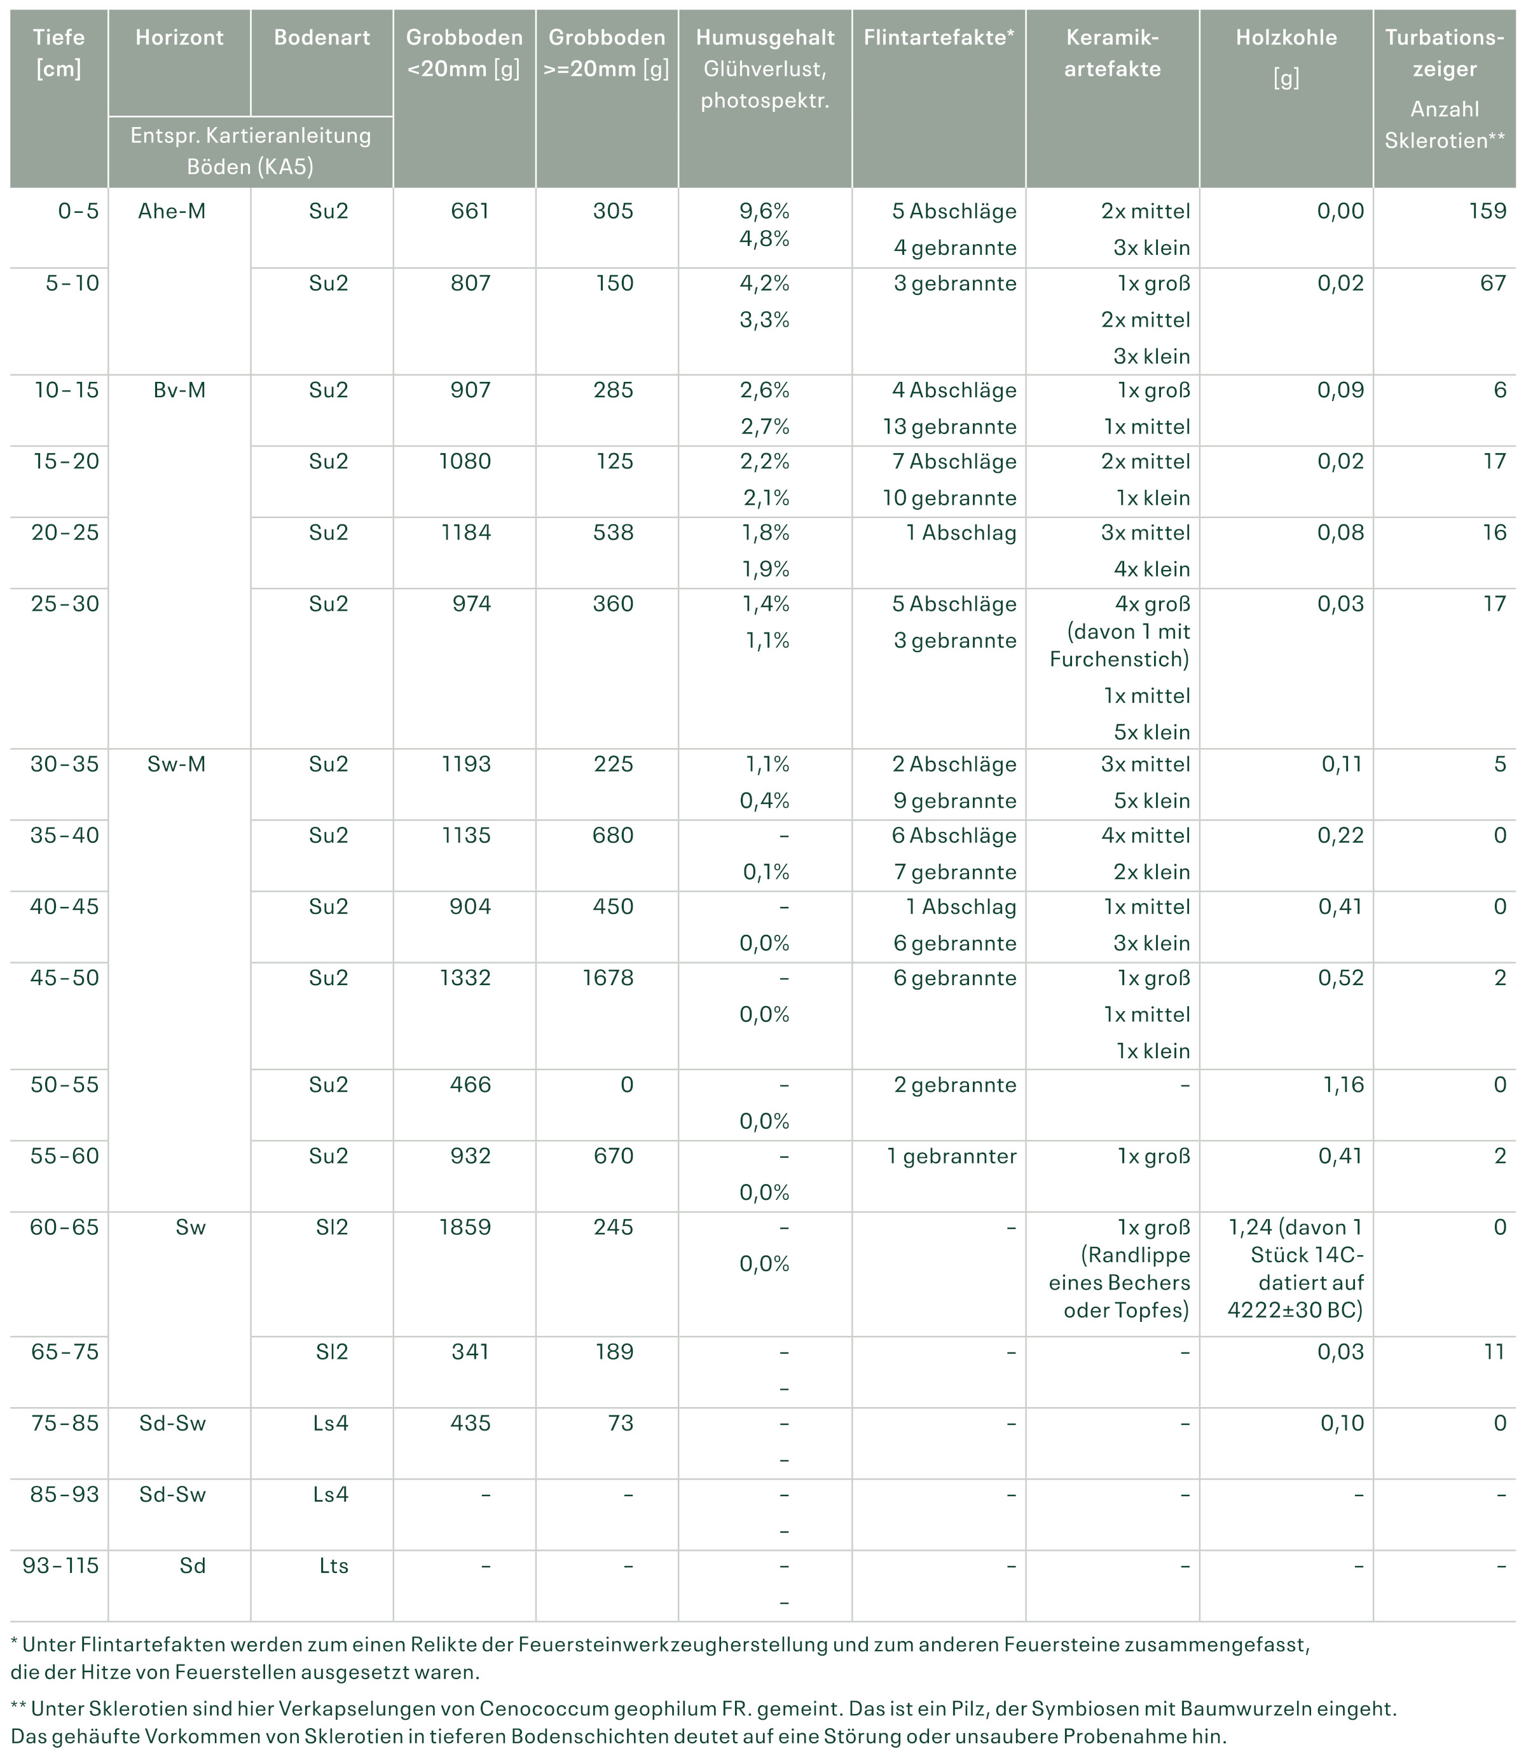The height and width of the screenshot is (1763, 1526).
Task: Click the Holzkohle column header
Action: click(x=1286, y=37)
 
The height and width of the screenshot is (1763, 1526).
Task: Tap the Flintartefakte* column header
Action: click(x=938, y=37)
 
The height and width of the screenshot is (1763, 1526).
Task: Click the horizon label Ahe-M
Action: click(x=172, y=211)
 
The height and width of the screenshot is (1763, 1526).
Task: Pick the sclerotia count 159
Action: click(x=1488, y=211)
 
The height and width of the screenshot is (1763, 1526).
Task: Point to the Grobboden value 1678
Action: click(x=608, y=977)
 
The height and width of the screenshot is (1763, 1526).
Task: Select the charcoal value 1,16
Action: click(x=1343, y=1084)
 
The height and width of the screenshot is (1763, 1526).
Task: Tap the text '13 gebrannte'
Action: click(x=949, y=426)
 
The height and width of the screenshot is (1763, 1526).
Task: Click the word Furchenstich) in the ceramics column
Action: click(x=1119, y=659)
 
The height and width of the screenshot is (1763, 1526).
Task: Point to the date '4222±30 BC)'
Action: click(x=1295, y=1309)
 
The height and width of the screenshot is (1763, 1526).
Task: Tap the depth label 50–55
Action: click(x=65, y=1084)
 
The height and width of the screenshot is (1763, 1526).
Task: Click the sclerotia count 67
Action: click(x=1494, y=283)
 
